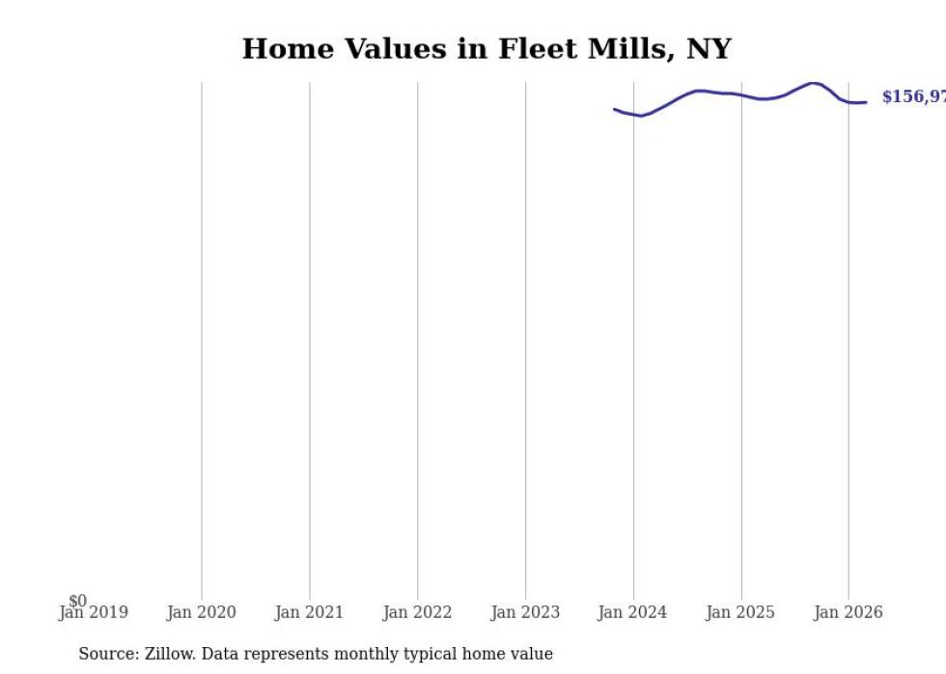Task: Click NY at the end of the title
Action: (x=709, y=49)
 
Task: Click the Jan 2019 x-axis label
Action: (x=94, y=613)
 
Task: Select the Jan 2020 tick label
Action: (x=201, y=612)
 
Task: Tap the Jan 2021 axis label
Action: (x=309, y=612)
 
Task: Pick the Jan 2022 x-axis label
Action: (x=417, y=612)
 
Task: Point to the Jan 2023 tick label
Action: (x=525, y=612)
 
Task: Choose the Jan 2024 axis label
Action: (x=632, y=612)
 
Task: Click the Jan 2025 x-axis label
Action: (x=740, y=612)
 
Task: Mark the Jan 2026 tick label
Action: (x=849, y=612)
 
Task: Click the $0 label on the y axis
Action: (x=77, y=601)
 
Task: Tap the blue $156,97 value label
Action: (x=913, y=97)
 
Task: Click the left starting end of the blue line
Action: (x=615, y=109)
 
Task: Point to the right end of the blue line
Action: (x=866, y=102)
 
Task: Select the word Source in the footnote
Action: (x=108, y=654)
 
